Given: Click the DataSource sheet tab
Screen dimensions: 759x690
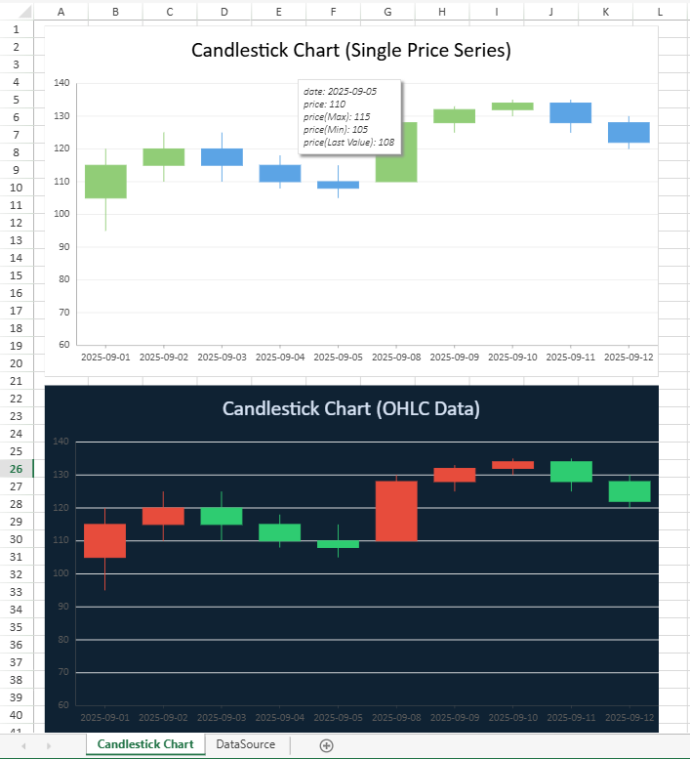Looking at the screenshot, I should click(245, 744).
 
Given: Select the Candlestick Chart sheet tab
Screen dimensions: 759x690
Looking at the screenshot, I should click(145, 744).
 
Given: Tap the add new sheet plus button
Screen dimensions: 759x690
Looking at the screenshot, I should click(327, 745).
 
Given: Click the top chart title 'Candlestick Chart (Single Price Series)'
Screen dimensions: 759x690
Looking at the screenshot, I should click(351, 51).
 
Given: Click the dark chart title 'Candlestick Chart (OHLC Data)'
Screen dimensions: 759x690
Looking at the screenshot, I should click(351, 408).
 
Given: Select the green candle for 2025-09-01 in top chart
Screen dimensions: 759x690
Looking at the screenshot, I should click(105, 182).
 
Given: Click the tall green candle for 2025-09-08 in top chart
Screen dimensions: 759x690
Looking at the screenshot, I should click(396, 152).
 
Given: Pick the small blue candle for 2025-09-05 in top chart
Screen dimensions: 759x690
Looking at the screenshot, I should click(339, 185).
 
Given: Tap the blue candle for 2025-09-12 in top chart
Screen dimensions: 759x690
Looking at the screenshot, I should click(629, 132).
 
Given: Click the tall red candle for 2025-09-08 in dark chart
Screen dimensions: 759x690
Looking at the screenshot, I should click(396, 511).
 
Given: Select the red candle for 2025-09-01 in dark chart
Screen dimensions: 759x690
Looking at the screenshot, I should click(105, 540).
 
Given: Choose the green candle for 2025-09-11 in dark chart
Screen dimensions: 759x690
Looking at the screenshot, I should click(571, 472).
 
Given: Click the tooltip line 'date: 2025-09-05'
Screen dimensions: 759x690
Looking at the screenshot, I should click(340, 91).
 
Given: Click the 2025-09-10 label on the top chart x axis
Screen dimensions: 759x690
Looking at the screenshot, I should click(512, 358).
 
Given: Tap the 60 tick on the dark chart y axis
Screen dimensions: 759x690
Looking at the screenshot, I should click(63, 704).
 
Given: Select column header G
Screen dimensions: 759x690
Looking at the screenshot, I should click(388, 12).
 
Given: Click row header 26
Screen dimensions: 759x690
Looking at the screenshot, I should click(16, 469).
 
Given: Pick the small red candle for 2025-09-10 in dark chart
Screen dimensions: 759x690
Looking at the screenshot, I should click(512, 465).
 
